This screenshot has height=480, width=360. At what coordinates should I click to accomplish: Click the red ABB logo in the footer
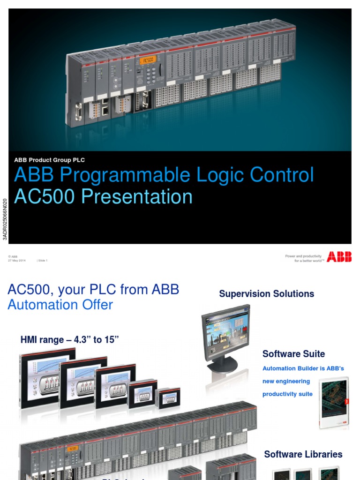pyautogui.click(x=339, y=256)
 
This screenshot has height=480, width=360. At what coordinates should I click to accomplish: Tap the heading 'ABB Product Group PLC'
pyautogui.click(x=49, y=160)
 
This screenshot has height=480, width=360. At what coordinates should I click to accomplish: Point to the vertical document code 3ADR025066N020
pyautogui.click(x=5, y=219)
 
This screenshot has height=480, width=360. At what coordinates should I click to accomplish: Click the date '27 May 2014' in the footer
pyautogui.click(x=16, y=261)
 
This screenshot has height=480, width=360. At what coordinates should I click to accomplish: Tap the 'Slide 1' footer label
pyautogui.click(x=42, y=261)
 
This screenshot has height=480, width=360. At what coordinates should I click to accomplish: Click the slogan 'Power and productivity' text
pyautogui.click(x=303, y=256)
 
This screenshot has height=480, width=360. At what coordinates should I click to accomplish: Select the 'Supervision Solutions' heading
pyautogui.click(x=266, y=294)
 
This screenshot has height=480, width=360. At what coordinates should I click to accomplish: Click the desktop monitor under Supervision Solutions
pyautogui.click(x=226, y=335)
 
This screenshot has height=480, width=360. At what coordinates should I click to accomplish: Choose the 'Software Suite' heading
pyautogui.click(x=293, y=354)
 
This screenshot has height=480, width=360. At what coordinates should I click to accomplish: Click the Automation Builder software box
pyautogui.click(x=334, y=402)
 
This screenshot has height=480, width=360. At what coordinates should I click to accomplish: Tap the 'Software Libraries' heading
pyautogui.click(x=303, y=454)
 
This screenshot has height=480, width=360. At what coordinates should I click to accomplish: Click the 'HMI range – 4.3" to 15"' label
pyautogui.click(x=69, y=340)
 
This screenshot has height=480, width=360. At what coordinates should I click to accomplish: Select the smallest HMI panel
pyautogui.click(x=167, y=397)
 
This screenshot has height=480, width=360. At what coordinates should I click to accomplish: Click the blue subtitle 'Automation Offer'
pyautogui.click(x=60, y=305)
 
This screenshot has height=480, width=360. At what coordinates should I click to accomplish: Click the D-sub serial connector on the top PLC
pyautogui.click(x=79, y=112)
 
